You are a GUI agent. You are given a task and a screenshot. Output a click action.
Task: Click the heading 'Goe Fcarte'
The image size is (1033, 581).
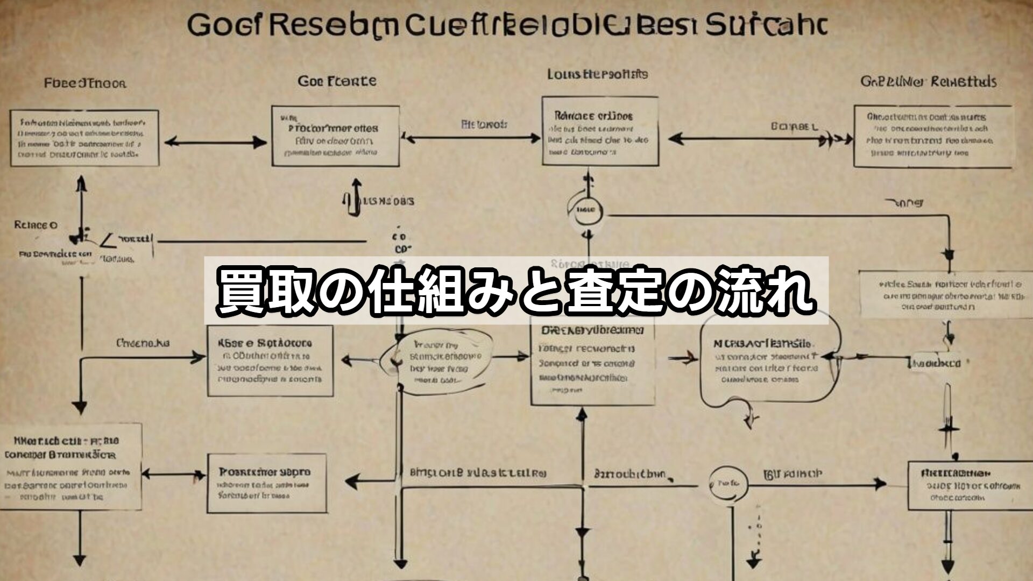[337, 82]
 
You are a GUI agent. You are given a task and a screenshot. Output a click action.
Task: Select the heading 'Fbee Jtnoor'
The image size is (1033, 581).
[85, 83]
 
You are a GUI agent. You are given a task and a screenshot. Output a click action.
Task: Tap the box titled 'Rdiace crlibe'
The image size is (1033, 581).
[600, 131]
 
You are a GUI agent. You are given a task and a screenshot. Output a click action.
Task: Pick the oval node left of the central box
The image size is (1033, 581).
[436, 360]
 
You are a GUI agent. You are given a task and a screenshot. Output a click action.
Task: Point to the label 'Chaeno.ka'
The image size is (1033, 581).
[143, 343]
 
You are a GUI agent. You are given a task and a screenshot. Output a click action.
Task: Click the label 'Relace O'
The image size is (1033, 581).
[36, 225]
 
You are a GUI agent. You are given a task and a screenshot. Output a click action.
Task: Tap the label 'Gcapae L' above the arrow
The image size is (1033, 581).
[794, 127]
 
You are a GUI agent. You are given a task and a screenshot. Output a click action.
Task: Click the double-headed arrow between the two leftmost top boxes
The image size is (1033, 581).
[215, 143]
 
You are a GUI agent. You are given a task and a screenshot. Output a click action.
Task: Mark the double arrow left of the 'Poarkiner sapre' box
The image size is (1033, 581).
[174, 474]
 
